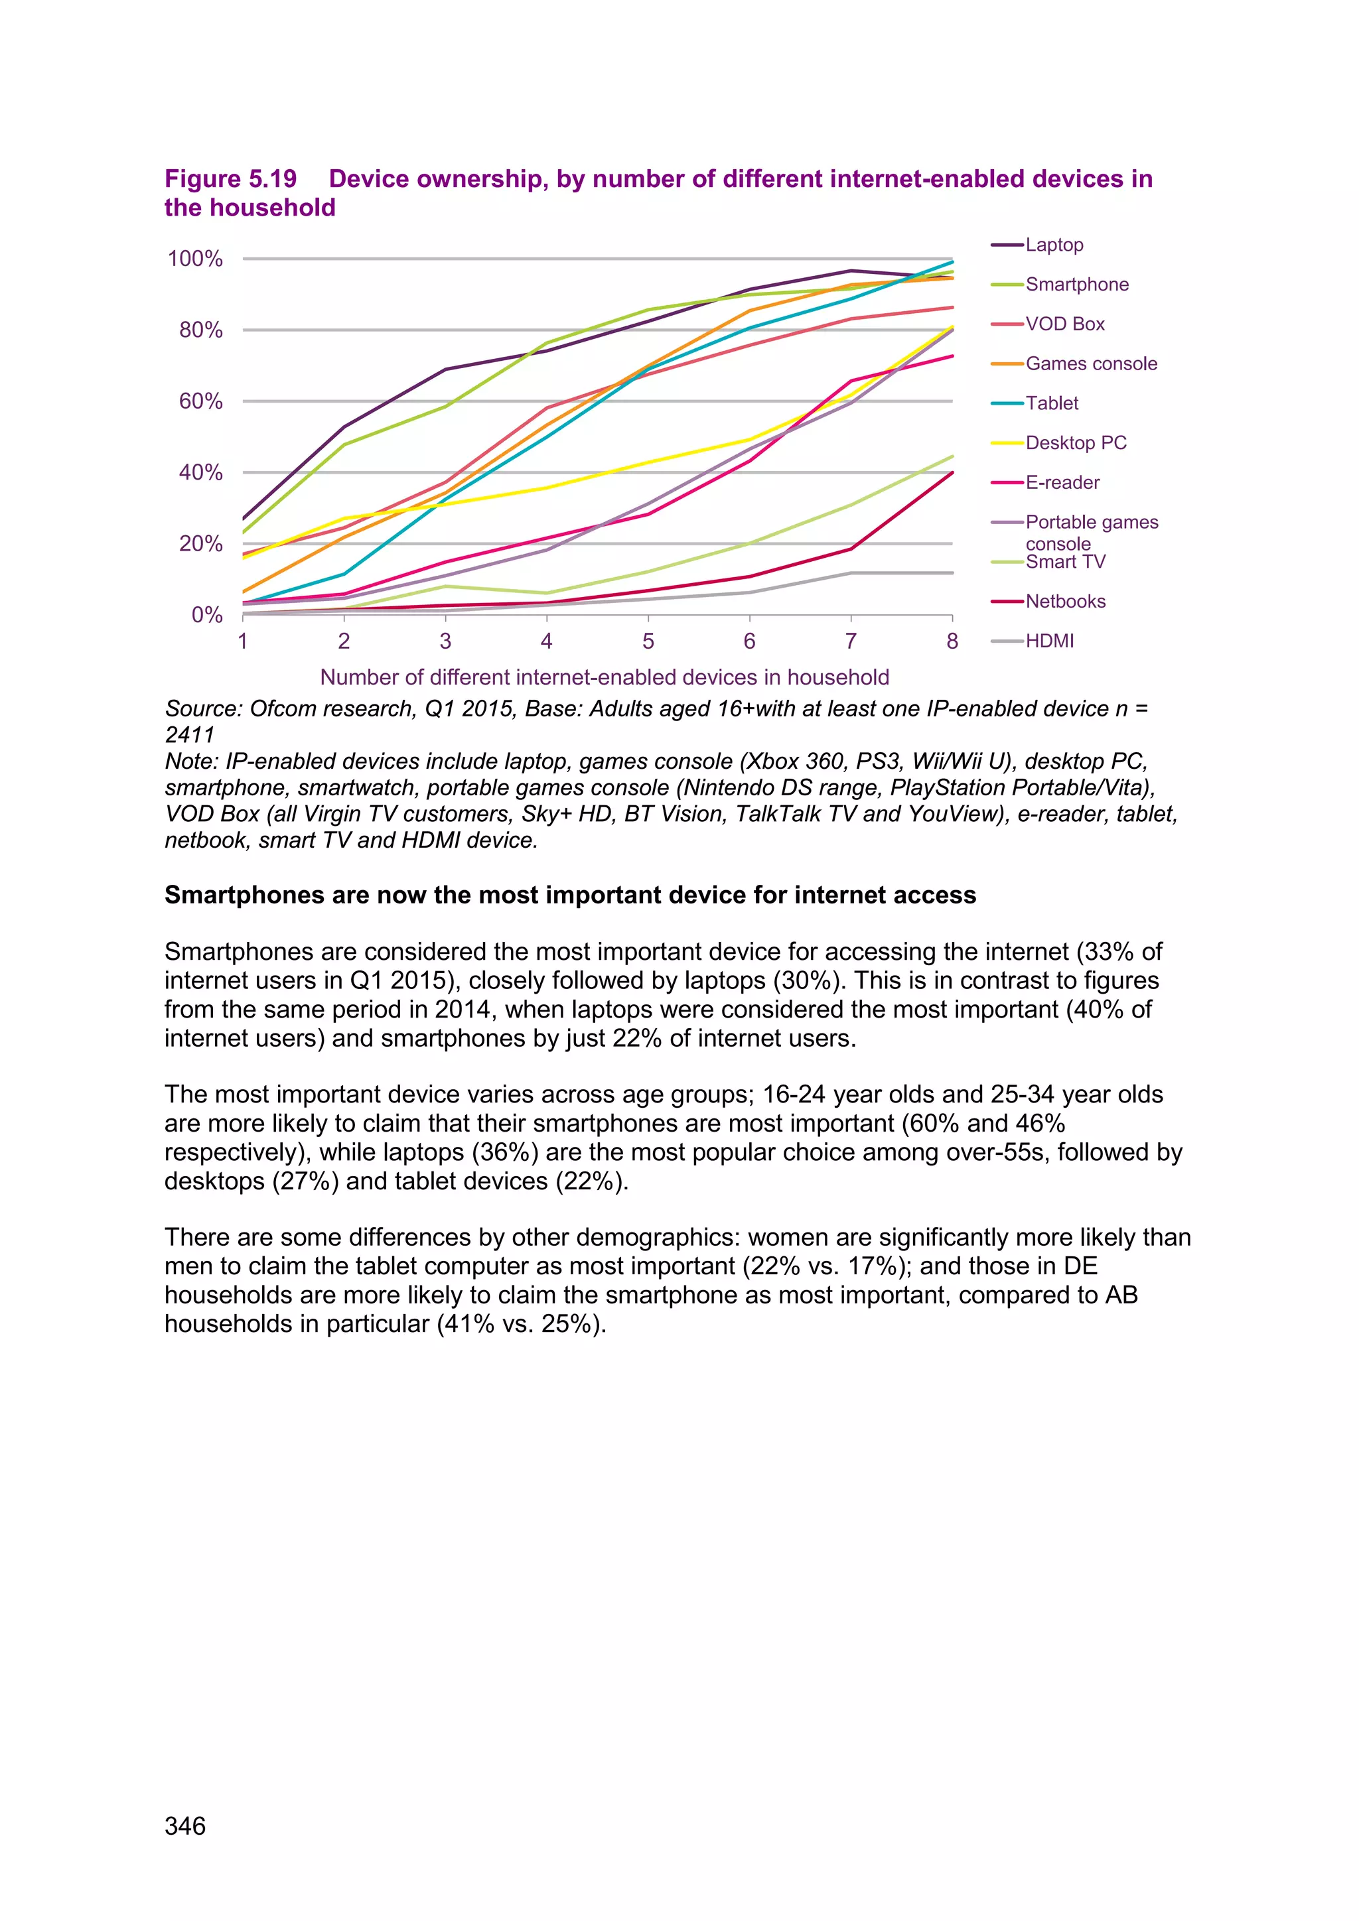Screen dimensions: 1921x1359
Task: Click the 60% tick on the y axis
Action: (201, 401)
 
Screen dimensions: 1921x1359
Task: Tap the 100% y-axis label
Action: (195, 259)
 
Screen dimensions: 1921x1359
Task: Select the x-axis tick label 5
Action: (648, 641)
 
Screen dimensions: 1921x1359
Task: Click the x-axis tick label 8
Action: (952, 641)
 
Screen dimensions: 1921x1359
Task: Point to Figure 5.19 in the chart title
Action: (230, 179)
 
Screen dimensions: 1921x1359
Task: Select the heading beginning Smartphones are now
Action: (570, 895)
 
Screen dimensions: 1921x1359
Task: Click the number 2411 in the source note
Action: (190, 736)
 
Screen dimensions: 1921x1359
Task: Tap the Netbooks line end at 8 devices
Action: (952, 473)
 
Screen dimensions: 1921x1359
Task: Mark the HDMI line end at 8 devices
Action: (952, 573)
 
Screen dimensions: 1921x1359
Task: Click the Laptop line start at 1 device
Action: (244, 519)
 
